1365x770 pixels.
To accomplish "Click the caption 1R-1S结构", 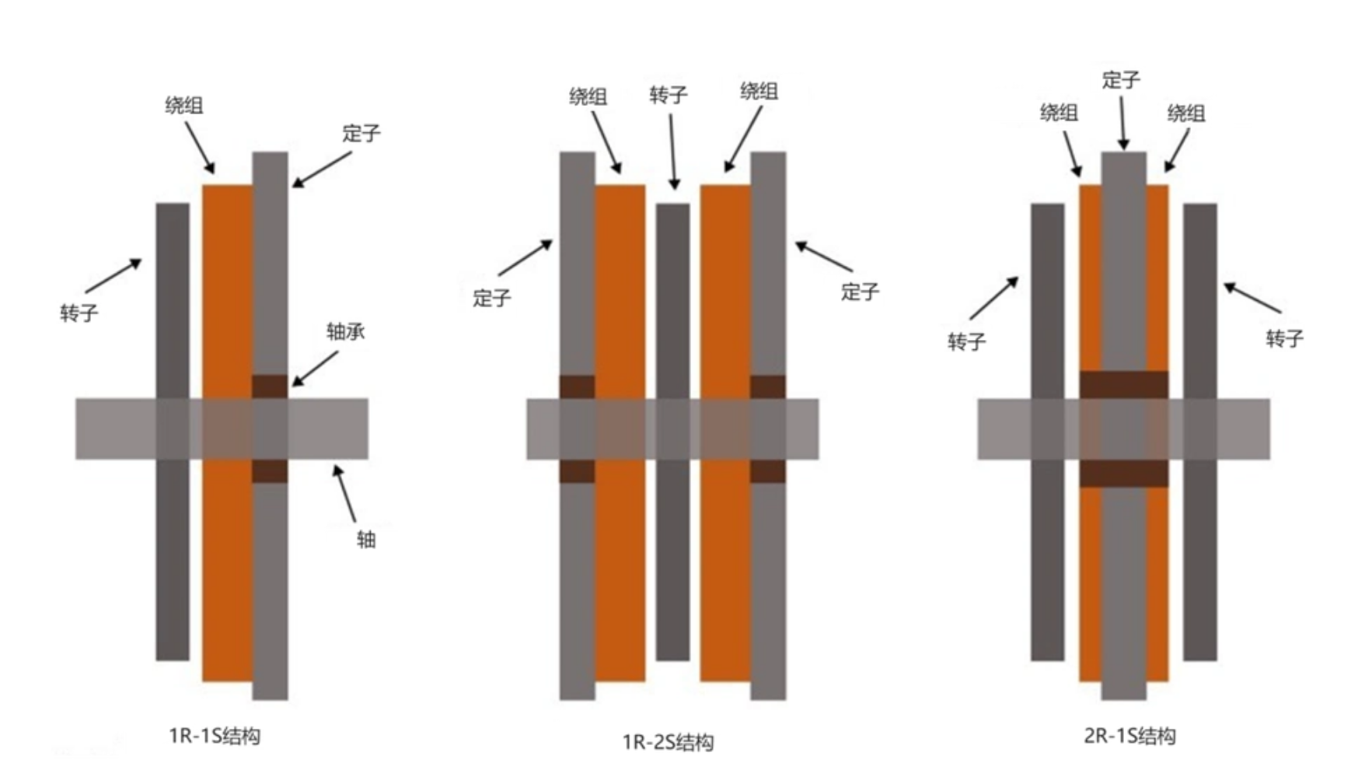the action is coord(215,736).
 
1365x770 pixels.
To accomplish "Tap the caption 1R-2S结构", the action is coord(669,742).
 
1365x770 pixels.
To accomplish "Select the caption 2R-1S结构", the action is coord(1129,736).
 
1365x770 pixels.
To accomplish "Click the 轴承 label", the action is coord(345,332).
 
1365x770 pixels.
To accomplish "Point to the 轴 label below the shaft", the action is coord(366,539).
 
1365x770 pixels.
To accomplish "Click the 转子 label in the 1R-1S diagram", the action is coord(79,313).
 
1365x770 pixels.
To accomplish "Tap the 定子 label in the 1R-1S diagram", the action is coord(361,133).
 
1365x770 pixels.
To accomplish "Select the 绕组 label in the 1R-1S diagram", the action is coord(184,105).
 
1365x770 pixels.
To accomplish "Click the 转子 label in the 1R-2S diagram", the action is coord(669,95).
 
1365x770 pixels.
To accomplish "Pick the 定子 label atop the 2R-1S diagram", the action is coord(1121,79).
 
